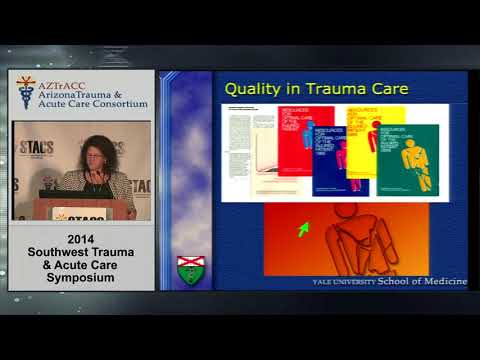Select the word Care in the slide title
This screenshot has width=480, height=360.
(372, 90)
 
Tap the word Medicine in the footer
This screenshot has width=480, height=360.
(443, 282)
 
